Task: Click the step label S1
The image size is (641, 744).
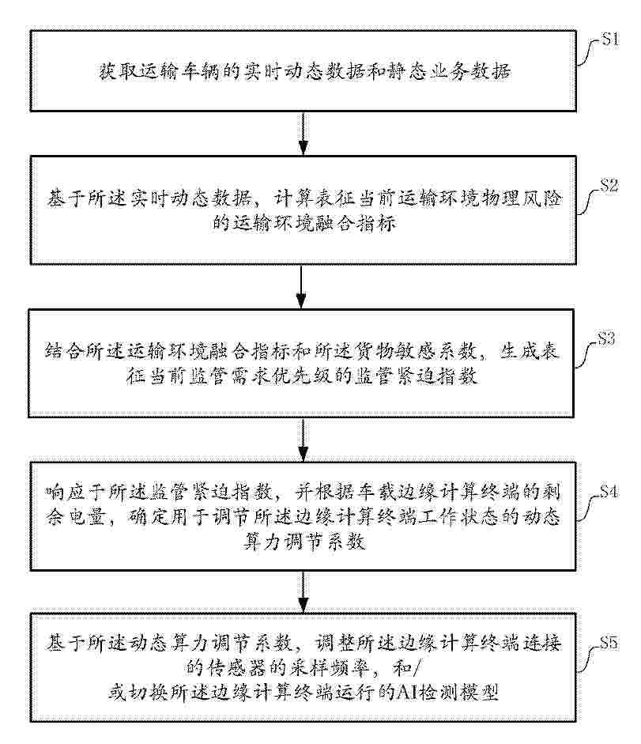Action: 610,40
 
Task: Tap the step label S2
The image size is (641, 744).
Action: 609,186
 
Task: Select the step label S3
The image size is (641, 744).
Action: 606,338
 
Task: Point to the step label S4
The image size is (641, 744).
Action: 609,492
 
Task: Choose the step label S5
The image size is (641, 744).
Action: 609,643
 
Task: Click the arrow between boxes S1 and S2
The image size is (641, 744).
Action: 303,134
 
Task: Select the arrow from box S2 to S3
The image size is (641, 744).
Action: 301,286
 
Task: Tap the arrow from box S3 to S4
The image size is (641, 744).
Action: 303,440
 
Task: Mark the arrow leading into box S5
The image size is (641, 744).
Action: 303,591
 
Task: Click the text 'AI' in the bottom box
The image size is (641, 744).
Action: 406,693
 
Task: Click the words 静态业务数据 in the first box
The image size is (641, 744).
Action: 448,72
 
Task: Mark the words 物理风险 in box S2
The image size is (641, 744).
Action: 521,198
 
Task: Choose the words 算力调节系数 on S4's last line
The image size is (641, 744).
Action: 304,542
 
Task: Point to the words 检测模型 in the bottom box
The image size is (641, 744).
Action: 458,693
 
